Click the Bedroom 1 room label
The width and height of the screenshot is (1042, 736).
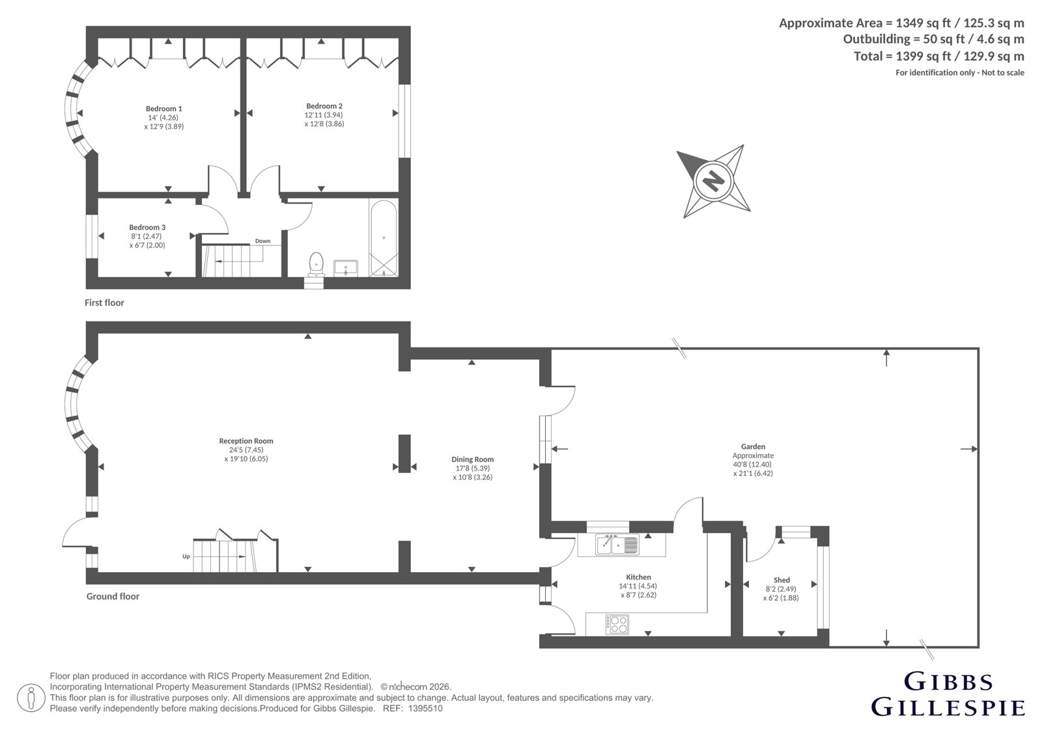coord(163,109)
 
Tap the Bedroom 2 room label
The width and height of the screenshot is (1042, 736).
coord(324,106)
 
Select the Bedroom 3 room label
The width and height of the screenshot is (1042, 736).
coord(147,227)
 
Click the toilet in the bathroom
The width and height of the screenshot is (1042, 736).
coord(317,264)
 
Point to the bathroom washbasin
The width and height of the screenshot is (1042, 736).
coord(346,268)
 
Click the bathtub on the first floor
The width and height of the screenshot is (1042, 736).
coord(384,238)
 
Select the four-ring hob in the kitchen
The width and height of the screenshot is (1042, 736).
coord(617,624)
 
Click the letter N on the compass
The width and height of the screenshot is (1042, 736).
coord(712,181)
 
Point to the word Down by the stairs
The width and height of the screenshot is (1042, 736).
coord(263,241)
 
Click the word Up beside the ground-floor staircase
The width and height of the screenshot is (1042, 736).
coord(186,556)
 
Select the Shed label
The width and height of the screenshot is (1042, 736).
coord(781,580)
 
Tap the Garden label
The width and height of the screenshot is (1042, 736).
coord(753,447)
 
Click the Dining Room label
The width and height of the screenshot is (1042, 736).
coord(473,459)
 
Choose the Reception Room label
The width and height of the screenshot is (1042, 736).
coord(246,441)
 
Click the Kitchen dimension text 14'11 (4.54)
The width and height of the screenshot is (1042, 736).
coord(638,586)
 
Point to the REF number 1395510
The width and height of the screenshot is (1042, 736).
coord(425,709)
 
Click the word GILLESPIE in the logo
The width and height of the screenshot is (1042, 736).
coord(948,707)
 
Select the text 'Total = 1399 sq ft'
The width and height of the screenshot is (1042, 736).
coord(894,56)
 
